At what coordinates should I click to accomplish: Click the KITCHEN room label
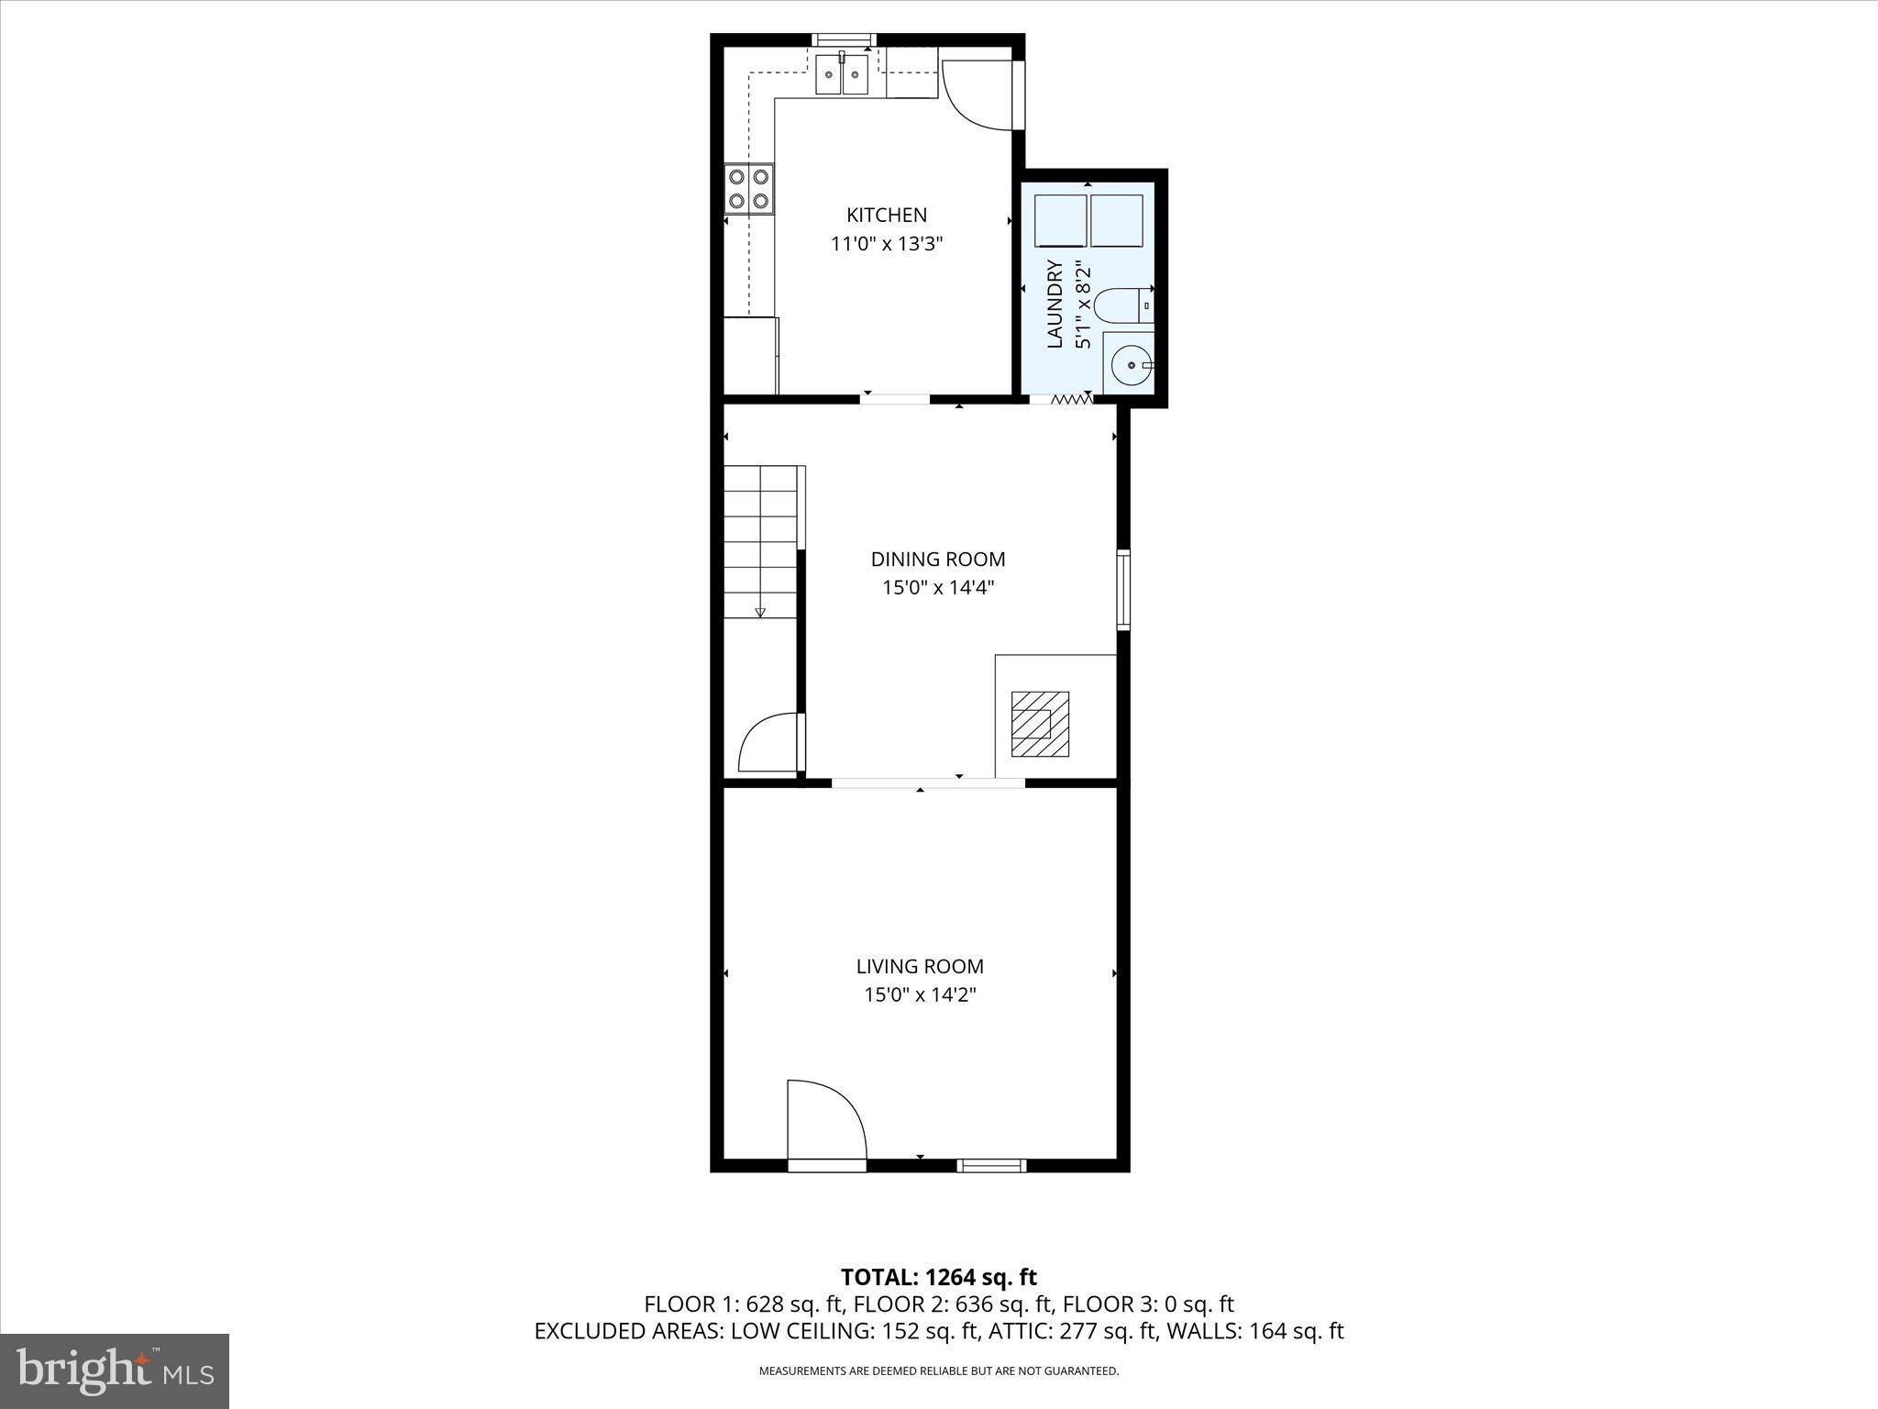pyautogui.click(x=886, y=215)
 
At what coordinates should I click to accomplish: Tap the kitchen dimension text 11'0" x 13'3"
pyautogui.click(x=886, y=244)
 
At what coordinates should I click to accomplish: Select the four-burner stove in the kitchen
pyautogui.click(x=748, y=188)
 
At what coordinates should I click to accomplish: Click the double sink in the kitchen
pyautogui.click(x=842, y=73)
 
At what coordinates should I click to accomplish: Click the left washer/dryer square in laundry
pyautogui.click(x=1060, y=220)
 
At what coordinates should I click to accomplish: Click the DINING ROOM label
pyautogui.click(x=937, y=559)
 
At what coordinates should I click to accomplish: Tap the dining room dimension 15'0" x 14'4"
pyautogui.click(x=937, y=588)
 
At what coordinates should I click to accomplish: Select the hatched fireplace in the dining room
pyautogui.click(x=1040, y=724)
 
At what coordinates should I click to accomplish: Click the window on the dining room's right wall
pyautogui.click(x=1122, y=590)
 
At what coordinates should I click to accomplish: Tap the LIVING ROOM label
pyautogui.click(x=919, y=966)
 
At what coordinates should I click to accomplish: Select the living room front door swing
pyautogui.click(x=825, y=1123)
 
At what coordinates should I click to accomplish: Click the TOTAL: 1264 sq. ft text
pyautogui.click(x=938, y=1277)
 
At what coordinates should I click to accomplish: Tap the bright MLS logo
pyautogui.click(x=115, y=1371)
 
